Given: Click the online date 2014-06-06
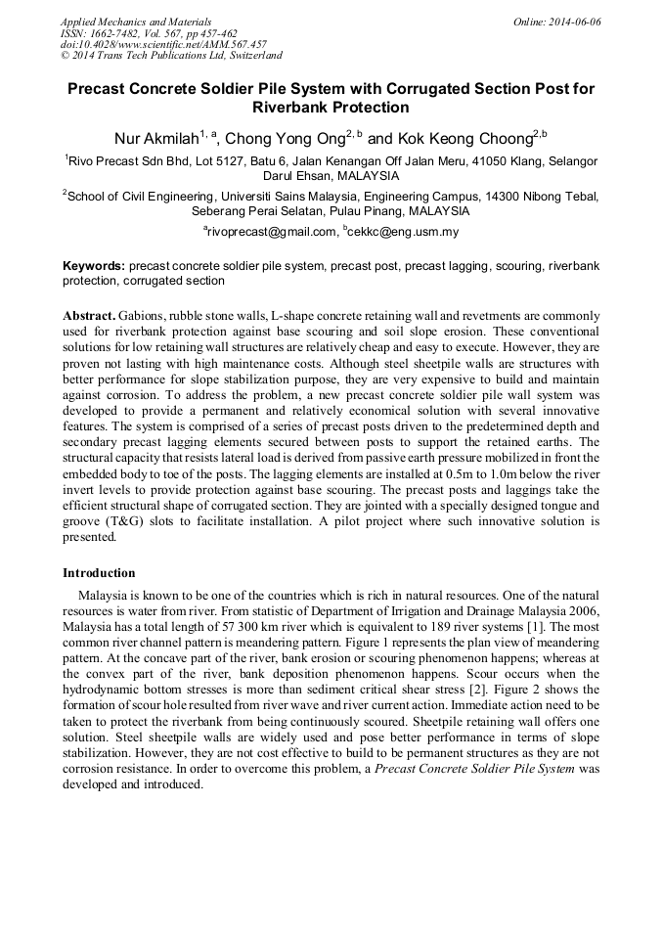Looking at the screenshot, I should click(572, 22).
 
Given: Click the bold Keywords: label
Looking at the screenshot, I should click(94, 265).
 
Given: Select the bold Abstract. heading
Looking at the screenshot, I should click(89, 318).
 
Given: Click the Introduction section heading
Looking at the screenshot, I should click(99, 573).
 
